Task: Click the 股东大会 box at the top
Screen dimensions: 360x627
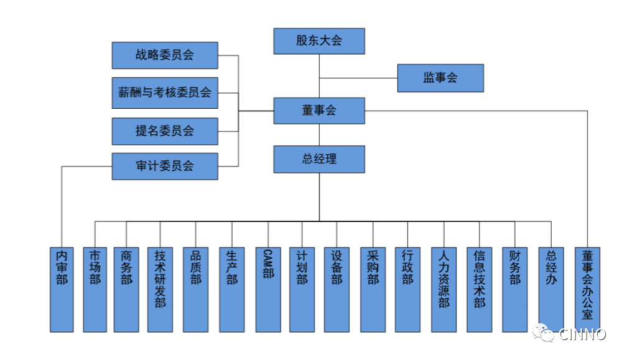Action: point(319,41)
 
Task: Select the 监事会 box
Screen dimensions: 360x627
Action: point(440,78)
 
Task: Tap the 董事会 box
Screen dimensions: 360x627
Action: point(319,111)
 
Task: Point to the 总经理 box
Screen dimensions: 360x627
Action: point(319,159)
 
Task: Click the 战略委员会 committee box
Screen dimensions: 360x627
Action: point(165,55)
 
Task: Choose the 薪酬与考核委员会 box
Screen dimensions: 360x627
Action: point(165,93)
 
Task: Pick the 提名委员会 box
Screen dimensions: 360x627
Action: point(165,131)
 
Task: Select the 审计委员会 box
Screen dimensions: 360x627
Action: point(165,167)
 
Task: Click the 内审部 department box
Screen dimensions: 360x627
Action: point(62,289)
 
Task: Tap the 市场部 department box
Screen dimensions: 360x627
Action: point(95,289)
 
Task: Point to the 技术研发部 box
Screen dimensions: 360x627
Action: point(160,289)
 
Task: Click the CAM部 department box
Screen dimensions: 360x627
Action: point(267,289)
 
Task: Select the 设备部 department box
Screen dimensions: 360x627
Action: point(337,289)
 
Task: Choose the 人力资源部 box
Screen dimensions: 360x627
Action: point(444,289)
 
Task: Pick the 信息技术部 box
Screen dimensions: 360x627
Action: point(480,289)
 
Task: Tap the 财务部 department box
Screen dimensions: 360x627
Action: point(515,289)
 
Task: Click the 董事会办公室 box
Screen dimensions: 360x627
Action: point(587,289)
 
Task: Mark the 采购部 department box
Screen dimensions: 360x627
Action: point(373,289)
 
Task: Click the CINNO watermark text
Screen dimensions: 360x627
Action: point(582,335)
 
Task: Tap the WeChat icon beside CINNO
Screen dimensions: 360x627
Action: point(545,335)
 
